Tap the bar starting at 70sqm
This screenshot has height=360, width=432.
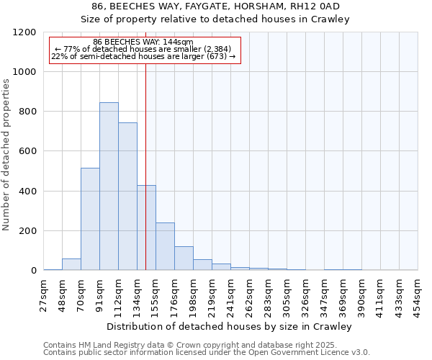click(90, 219)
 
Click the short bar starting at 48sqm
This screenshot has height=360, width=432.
click(71, 264)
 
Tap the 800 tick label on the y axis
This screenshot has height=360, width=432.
click(27, 112)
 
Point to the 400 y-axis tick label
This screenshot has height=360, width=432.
click(27, 192)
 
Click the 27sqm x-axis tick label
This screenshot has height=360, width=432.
click(43, 293)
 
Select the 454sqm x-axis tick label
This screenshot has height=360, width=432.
click(418, 293)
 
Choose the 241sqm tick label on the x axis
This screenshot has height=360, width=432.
click(230, 293)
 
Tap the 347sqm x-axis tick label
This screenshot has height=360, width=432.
click(324, 293)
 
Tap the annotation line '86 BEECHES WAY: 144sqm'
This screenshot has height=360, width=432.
click(143, 42)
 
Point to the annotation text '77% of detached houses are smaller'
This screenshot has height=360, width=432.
click(143, 49)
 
